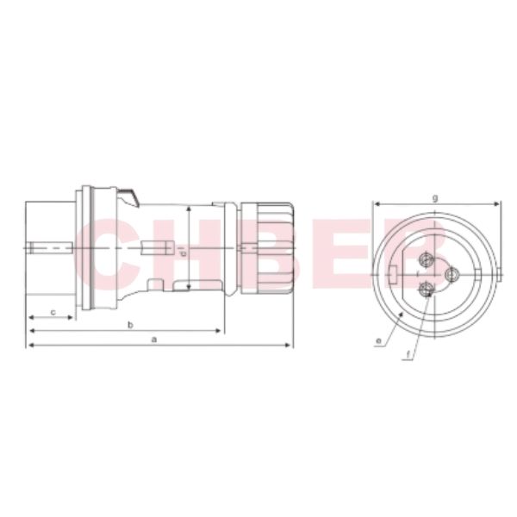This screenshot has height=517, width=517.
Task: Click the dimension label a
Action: coord(154,339)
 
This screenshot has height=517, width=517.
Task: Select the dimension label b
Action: coord(129,324)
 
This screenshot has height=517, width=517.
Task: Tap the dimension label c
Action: coord(53,311)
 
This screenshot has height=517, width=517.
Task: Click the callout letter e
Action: coord(379,342)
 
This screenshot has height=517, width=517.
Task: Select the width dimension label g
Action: coord(435,198)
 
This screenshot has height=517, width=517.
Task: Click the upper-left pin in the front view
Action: coord(424,258)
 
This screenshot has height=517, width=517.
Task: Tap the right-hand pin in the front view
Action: coord(451,275)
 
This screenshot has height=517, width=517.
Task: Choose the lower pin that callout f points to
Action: coord(424,291)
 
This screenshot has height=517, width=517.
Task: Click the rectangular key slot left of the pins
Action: coord(393,275)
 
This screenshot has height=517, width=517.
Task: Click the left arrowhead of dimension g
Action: coord(375,205)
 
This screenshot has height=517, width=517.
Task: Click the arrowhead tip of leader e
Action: coord(407,315)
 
